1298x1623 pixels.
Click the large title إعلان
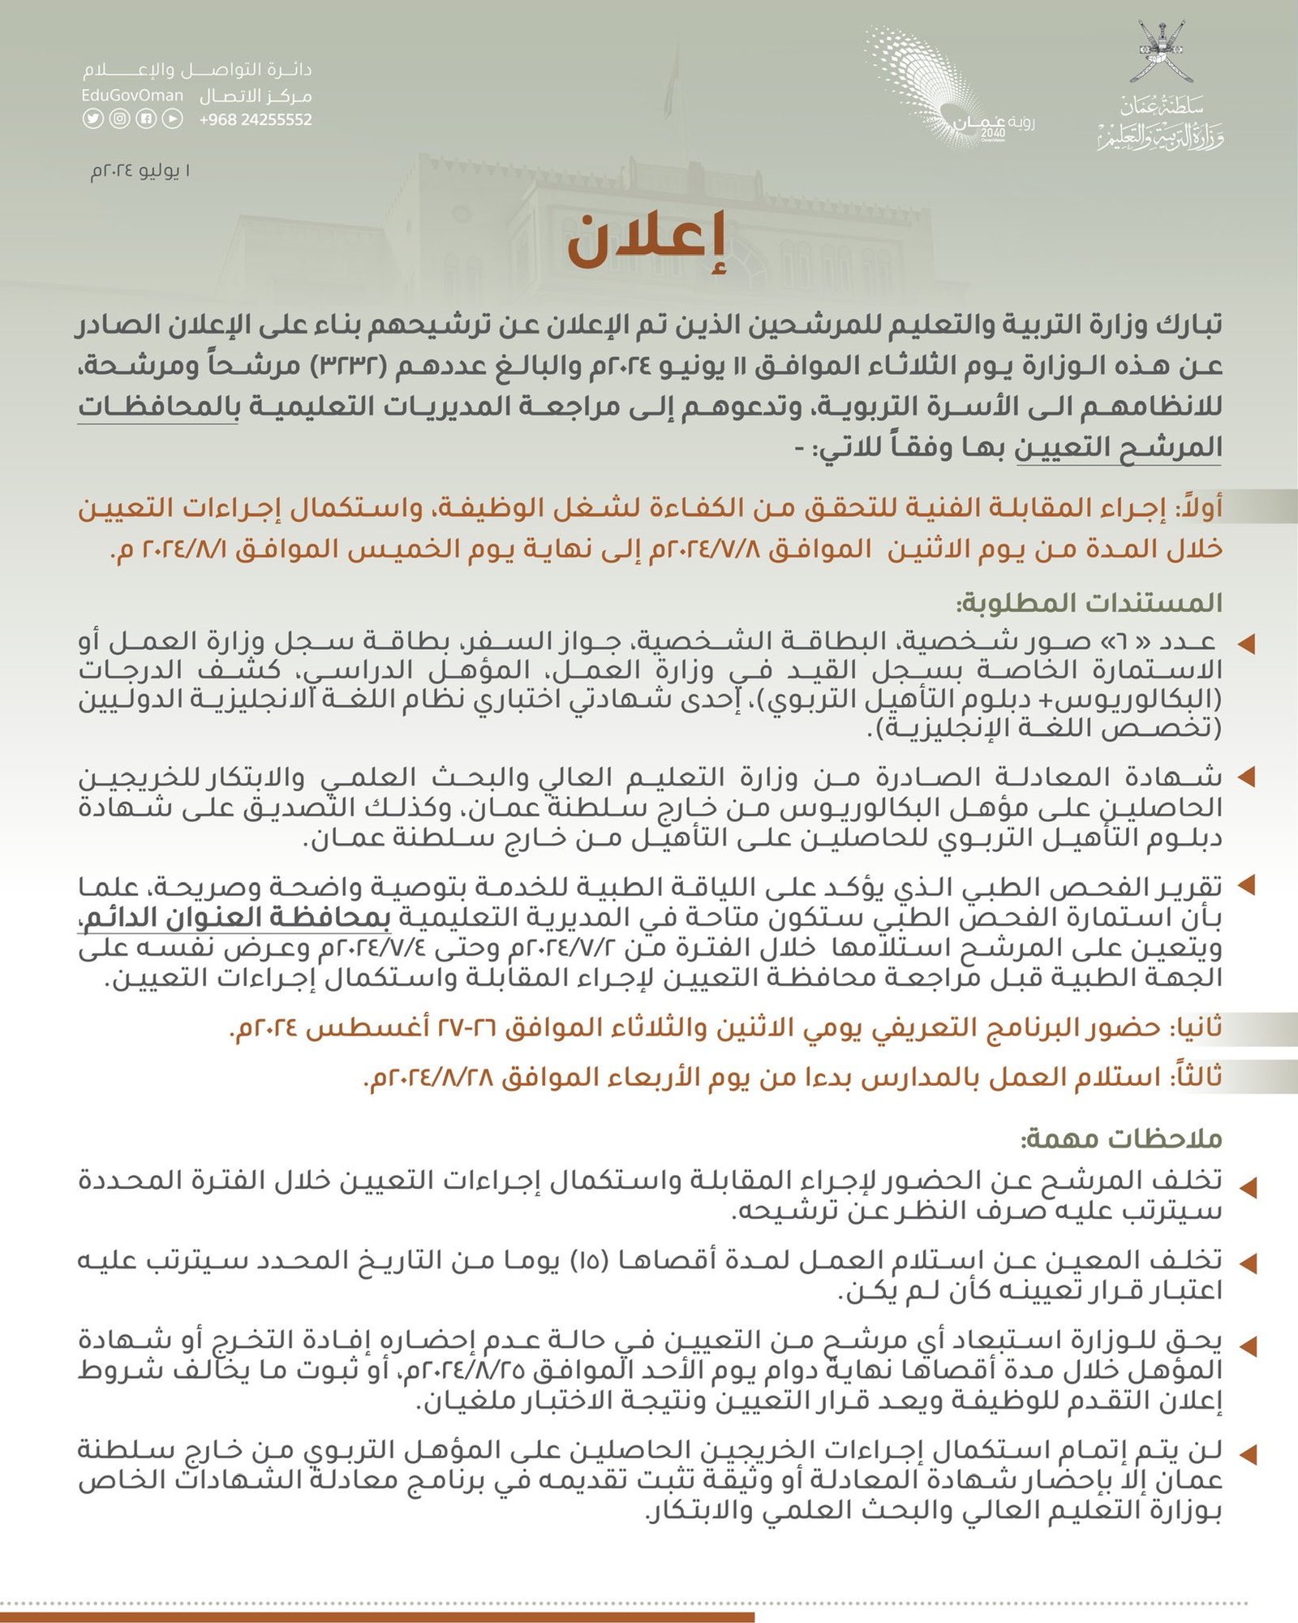646,241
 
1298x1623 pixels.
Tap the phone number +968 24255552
256,119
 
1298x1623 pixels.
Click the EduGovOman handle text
132,96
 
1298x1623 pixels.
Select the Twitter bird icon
92,118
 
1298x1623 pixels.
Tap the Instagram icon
119,118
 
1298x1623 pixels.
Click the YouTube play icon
172,118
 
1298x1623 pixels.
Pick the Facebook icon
145,118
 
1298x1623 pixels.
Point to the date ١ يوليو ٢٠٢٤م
140,171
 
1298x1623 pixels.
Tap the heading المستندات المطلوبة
1090,603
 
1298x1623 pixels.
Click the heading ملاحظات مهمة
1121,1139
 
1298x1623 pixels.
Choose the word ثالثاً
1195,1077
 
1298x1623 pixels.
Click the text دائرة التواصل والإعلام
196,71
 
